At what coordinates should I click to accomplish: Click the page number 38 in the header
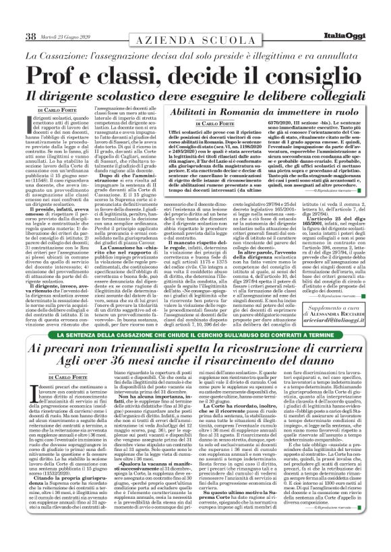[30, 18]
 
